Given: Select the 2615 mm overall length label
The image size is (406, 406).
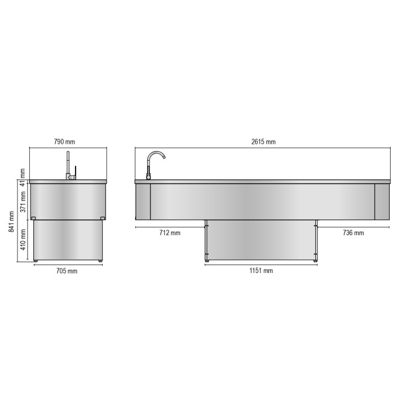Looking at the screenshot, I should pos(263,142).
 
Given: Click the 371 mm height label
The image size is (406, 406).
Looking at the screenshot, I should pos(23,201).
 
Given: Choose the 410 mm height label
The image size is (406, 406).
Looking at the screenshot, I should pos(23,240).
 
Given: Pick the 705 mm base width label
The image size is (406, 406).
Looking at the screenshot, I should pos(68,271).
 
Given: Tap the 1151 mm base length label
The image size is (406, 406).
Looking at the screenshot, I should pos(261,271).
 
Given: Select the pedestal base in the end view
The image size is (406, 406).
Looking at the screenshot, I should pos(68,240).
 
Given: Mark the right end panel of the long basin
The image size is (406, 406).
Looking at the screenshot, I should pos(382,201).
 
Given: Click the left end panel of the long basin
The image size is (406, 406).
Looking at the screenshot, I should pos(143,201).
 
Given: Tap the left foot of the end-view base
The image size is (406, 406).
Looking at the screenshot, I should pos(37,261).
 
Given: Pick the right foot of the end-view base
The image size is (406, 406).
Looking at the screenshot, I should pos(100,261).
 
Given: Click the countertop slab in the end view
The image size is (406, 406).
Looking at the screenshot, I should pos(68,182).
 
